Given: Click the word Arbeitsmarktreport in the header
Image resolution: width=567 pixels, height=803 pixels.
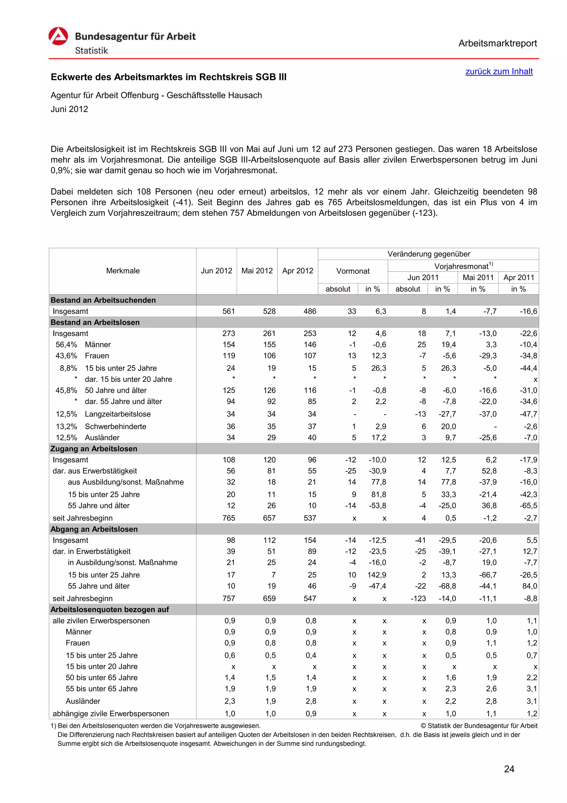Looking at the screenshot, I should (x=497, y=44).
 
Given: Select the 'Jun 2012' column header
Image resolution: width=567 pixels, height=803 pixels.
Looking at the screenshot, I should (x=216, y=271).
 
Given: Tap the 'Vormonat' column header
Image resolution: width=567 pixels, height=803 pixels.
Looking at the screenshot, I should (x=352, y=271).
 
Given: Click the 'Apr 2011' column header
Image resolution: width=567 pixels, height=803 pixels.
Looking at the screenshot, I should (x=519, y=278).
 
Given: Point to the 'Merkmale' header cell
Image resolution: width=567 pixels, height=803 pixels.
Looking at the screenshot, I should (x=123, y=271).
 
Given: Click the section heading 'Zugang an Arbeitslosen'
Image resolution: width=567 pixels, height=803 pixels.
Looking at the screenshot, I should (x=94, y=449).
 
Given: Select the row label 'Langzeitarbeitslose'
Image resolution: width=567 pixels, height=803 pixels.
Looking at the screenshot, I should (x=118, y=414).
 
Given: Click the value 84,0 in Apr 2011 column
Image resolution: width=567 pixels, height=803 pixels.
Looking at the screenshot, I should (x=530, y=586).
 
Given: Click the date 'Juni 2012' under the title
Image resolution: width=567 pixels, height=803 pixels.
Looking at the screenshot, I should (x=69, y=109).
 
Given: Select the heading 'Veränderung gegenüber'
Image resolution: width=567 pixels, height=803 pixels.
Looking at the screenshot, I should (x=428, y=254).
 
